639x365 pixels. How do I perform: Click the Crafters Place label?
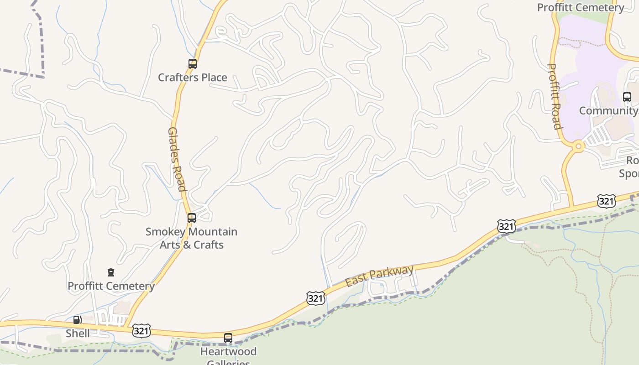click(x=192, y=78)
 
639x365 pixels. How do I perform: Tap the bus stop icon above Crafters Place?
click(x=192, y=64)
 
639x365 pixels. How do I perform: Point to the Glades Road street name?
click(x=177, y=159)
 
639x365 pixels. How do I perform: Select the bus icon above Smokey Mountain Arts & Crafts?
click(x=192, y=218)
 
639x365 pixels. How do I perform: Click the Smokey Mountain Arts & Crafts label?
click(x=191, y=238)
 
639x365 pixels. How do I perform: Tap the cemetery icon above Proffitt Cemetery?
click(x=110, y=273)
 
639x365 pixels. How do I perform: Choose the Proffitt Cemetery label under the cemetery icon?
click(x=111, y=286)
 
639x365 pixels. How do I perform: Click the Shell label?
click(x=78, y=333)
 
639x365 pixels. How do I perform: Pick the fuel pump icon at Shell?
click(x=78, y=320)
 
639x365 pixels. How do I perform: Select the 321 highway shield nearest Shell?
click(x=141, y=331)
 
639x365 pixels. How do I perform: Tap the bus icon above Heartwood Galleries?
click(x=228, y=338)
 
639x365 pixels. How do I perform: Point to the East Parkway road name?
click(x=379, y=276)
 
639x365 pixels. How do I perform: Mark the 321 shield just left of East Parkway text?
click(x=315, y=298)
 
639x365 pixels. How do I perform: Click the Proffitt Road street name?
click(x=554, y=96)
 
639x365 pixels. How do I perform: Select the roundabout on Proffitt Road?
click(x=578, y=146)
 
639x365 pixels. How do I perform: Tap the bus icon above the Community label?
click(x=627, y=97)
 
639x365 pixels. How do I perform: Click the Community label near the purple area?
click(x=608, y=111)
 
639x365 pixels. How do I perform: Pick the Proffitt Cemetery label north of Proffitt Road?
click(x=580, y=7)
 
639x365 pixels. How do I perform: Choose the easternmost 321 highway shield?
click(x=606, y=201)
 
